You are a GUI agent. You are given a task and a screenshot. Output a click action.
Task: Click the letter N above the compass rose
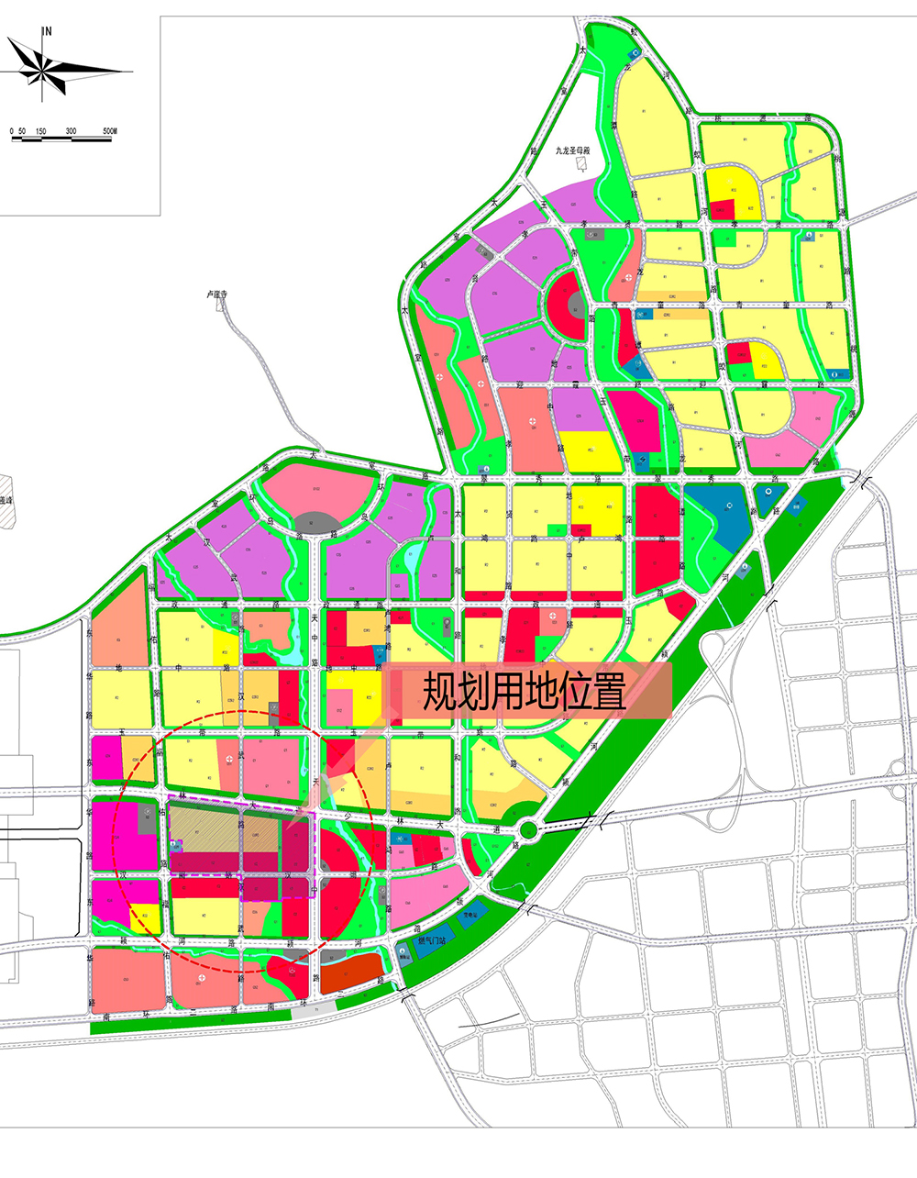(x=47, y=31)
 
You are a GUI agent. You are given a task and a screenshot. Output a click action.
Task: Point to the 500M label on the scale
(x=109, y=132)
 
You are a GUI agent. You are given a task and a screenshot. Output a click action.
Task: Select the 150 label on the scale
(x=40, y=132)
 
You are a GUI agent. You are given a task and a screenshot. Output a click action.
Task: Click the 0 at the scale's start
(x=12, y=132)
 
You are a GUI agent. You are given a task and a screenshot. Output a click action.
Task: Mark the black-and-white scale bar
(x=61, y=139)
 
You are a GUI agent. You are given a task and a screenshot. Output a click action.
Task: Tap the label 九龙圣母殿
(x=575, y=151)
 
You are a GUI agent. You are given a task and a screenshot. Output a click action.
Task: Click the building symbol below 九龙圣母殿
(x=580, y=164)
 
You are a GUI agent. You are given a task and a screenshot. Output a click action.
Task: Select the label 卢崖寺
(x=216, y=295)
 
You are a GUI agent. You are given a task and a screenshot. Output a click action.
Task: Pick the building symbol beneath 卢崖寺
(x=219, y=306)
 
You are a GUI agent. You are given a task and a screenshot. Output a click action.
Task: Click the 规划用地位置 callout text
(x=524, y=690)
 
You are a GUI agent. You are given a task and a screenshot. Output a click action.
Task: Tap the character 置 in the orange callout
(x=606, y=690)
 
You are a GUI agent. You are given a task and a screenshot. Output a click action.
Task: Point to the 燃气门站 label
(x=432, y=940)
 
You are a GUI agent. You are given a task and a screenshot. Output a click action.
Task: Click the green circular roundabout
(x=528, y=832)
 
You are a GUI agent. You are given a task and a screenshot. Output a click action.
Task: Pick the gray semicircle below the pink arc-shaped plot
(x=315, y=524)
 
